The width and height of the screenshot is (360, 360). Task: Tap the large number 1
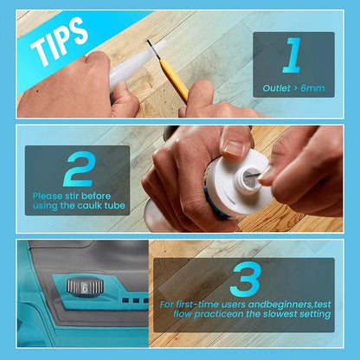(292, 56)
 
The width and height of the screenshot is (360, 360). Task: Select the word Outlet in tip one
(277, 88)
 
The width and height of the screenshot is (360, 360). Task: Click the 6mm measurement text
(313, 88)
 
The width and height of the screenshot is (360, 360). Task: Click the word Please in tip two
(48, 196)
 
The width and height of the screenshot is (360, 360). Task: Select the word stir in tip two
(76, 196)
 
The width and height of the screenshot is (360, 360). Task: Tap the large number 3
(246, 279)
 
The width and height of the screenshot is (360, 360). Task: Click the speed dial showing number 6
(85, 286)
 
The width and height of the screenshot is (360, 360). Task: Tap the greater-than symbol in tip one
(298, 88)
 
